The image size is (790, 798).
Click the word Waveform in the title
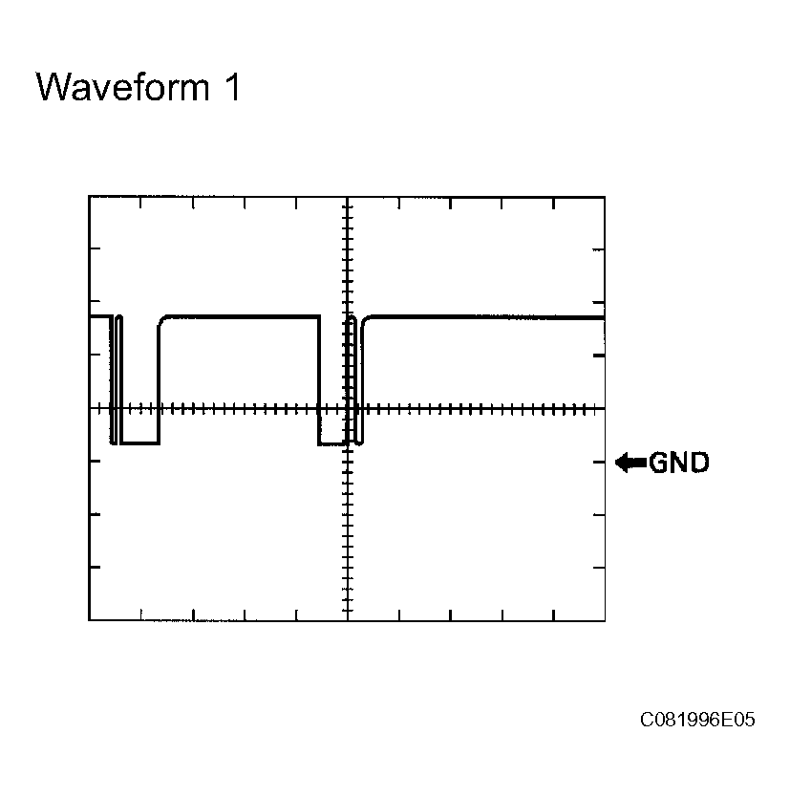click(122, 87)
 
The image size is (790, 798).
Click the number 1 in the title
click(232, 87)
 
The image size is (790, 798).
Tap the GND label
click(678, 463)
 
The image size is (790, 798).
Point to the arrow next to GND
click(630, 463)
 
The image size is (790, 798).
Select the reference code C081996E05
click(697, 720)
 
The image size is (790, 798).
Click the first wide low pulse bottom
click(139, 443)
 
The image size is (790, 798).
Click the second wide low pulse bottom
click(331, 444)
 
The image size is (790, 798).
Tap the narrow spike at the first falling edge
click(119, 379)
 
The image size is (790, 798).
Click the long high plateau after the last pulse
click(487, 317)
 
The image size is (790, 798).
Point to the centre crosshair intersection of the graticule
click(348, 408)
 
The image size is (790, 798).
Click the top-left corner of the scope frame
click(89, 197)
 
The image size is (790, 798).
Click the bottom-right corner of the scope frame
click(605, 620)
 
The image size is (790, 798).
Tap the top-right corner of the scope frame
click(605, 197)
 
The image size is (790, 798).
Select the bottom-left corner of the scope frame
click(89, 620)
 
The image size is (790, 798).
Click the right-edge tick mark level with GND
click(599, 463)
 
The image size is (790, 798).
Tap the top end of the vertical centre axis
click(348, 198)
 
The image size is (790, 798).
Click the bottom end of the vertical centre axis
click(348, 619)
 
